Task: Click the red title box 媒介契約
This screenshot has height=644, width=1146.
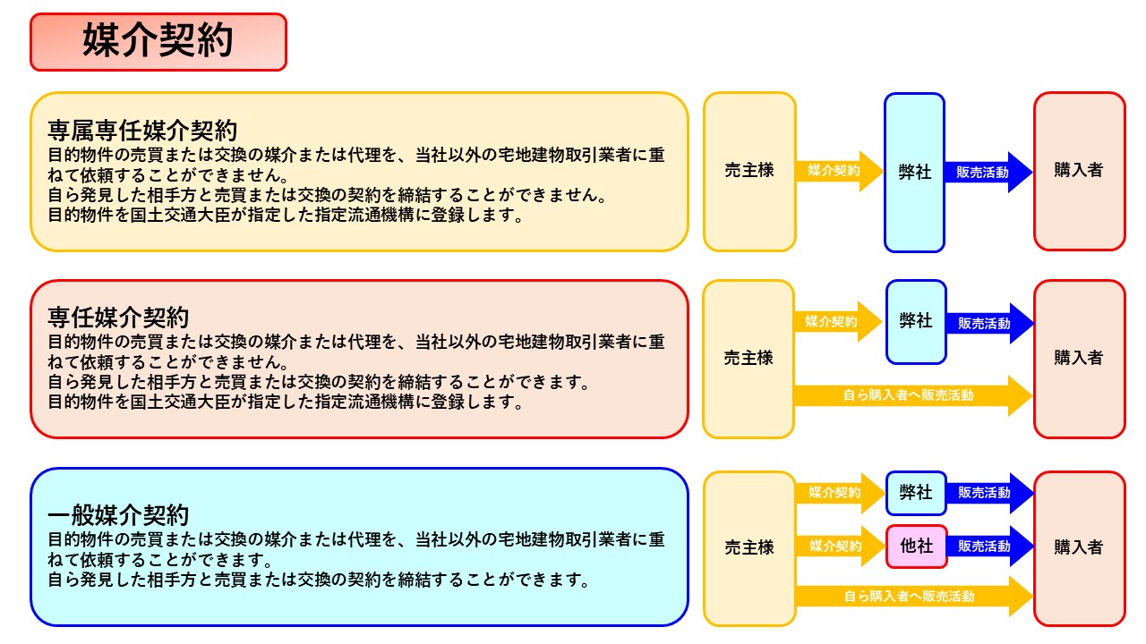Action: [158, 41]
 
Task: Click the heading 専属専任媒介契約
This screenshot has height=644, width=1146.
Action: [142, 131]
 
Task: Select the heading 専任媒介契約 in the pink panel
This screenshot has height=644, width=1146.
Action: [118, 318]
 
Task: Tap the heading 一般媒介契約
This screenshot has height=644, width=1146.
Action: [118, 516]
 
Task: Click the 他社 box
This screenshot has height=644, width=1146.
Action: [917, 546]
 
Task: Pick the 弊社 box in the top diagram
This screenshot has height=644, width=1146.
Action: [914, 172]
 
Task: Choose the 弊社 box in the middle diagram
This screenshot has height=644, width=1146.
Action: [916, 321]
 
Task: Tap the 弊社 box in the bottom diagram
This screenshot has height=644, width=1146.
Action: [916, 493]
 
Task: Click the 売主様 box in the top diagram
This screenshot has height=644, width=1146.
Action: [749, 171]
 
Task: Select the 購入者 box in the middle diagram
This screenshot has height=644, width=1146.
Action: [1079, 358]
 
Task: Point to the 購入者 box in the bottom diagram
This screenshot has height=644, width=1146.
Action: [1079, 547]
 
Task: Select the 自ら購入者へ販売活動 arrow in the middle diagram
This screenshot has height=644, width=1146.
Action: [909, 395]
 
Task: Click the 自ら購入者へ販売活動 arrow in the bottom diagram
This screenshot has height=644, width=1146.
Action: [909, 596]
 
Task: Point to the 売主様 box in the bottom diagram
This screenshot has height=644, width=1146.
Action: [749, 547]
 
